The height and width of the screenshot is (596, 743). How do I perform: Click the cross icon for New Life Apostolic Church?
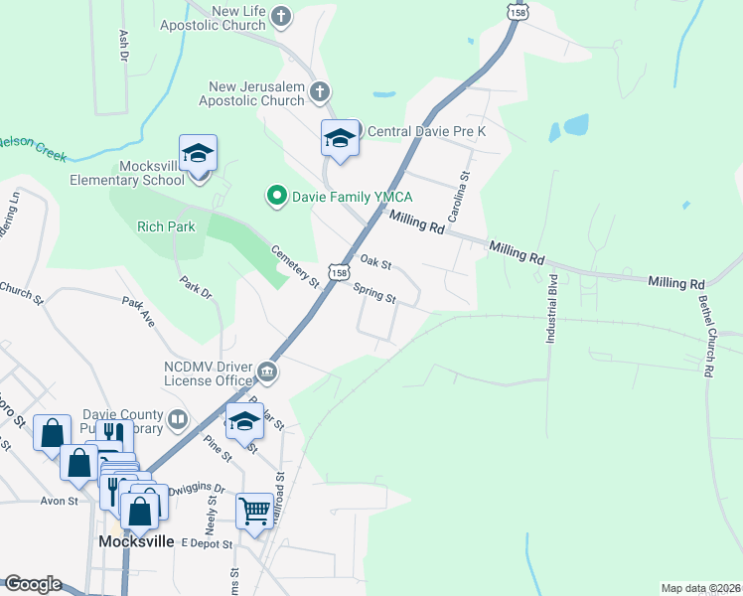coord(282,16)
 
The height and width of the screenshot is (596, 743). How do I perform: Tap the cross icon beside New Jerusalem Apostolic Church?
coord(319,93)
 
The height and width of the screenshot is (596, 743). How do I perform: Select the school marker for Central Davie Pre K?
coord(340,139)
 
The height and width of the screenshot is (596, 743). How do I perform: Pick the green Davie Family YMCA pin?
coord(277,197)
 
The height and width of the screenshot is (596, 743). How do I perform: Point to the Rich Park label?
coord(166,226)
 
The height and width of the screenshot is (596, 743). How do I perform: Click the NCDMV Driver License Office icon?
coord(267,372)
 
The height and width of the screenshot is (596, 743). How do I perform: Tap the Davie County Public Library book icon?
coord(178,418)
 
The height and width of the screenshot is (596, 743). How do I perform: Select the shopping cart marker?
coord(255,512)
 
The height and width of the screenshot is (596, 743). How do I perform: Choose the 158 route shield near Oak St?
coord(340,272)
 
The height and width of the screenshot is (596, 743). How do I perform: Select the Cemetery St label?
coord(295,266)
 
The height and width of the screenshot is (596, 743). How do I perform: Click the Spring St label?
coord(375,294)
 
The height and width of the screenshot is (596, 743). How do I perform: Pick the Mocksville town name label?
coord(137,541)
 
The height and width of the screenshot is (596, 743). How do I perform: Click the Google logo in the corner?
coord(32,584)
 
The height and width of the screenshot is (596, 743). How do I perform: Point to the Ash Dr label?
coord(124,46)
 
